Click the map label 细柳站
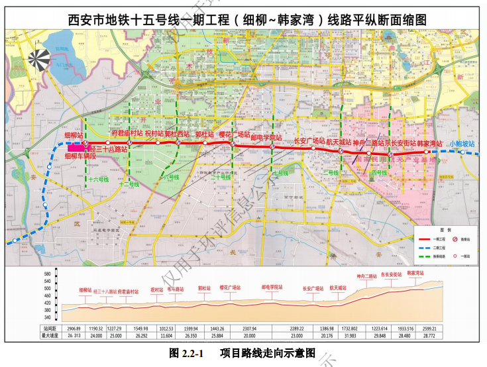tap(74, 135)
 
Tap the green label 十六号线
tap(97, 179)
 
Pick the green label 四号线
tap(379, 173)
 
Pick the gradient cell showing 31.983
tap(349, 336)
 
